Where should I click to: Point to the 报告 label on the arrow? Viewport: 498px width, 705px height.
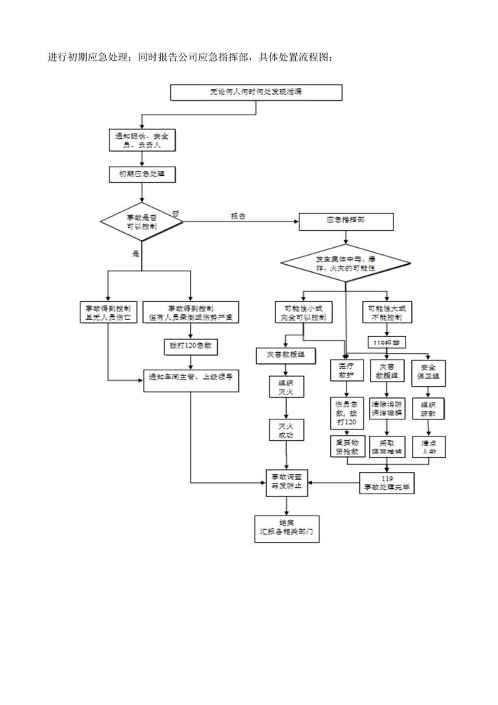point(238,216)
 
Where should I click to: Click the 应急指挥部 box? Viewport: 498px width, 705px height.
point(346,221)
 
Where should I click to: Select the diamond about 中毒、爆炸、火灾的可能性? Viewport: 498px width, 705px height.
point(346,263)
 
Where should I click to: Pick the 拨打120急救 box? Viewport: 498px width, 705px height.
point(191,346)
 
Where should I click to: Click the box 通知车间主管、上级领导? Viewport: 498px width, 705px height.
point(191,377)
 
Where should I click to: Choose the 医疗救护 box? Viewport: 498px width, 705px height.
point(346,370)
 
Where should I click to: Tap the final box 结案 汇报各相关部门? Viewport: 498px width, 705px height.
point(285,526)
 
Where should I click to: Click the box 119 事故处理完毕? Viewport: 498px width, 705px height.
point(388,483)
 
